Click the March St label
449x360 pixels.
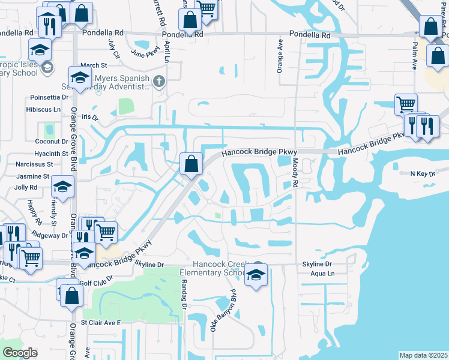coord(93,65)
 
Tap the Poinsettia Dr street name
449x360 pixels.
coord(47,97)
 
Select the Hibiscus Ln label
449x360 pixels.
coord(43,110)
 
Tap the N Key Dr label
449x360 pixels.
coord(422,173)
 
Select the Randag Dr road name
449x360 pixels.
coord(184,293)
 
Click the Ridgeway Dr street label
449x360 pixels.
coord(50,235)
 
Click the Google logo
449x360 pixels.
coord(20,353)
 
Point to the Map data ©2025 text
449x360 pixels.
coord(423,355)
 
